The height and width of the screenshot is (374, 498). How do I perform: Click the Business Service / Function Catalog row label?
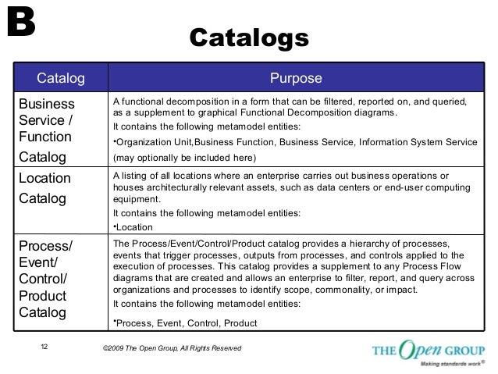(x=49, y=130)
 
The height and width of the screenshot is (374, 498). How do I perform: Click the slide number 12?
(x=44, y=347)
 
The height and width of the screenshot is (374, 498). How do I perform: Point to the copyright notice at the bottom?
(x=166, y=347)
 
